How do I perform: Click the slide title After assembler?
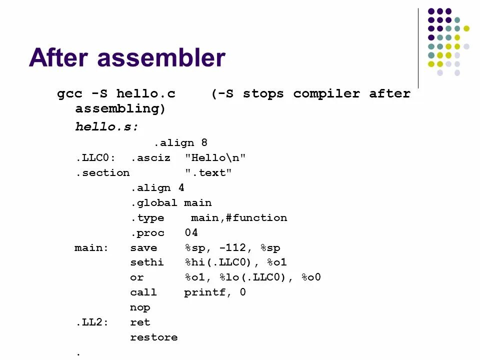click(x=127, y=57)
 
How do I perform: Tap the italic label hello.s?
click(x=106, y=127)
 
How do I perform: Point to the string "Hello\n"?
click(x=215, y=158)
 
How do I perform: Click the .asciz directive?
click(x=150, y=158)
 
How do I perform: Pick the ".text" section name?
click(x=208, y=173)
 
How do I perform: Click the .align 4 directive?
click(x=157, y=188)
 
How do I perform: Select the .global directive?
click(x=154, y=203)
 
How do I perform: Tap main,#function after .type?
click(x=239, y=218)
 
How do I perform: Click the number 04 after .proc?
click(x=191, y=233)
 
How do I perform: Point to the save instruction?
click(x=143, y=248)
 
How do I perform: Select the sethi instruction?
click(x=147, y=262)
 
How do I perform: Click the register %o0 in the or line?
click(x=311, y=277)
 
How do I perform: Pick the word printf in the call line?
click(x=204, y=292)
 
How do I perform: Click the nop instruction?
click(x=140, y=307)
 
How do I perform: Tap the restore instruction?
click(x=153, y=337)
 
